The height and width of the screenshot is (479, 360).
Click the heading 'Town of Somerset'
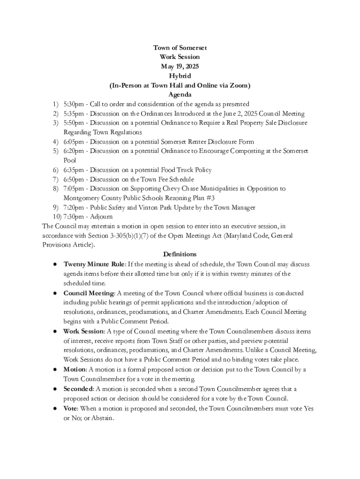[180, 48]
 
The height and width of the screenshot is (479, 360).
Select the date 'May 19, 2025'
[180, 67]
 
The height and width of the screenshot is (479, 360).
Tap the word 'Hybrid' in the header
[180, 76]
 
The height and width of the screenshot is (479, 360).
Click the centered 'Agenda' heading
[180, 95]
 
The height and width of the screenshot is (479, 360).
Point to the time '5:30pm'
[74, 104]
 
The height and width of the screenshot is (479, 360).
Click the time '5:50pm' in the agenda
[74, 123]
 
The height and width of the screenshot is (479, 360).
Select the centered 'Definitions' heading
[180, 254]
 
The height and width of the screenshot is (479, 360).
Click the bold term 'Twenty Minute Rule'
[94, 264]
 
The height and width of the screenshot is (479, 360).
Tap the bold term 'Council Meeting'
[89, 293]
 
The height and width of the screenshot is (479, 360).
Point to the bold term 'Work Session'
[84, 332]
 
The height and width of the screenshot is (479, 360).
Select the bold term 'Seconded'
[79, 389]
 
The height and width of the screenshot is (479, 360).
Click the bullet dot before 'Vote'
[55, 408]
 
